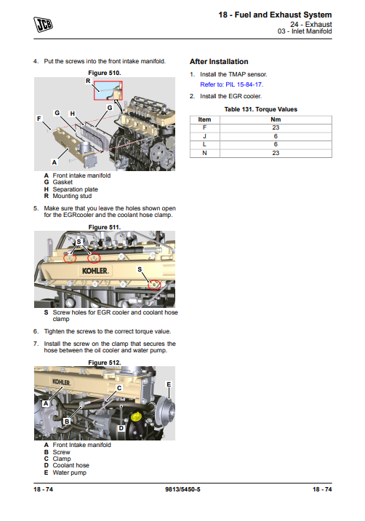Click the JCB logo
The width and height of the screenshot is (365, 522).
pyautogui.click(x=43, y=25)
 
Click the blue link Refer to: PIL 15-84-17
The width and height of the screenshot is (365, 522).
pyautogui.click(x=231, y=84)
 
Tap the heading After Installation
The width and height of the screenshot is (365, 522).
pyautogui.click(x=219, y=62)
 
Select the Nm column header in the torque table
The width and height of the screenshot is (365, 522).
pyautogui.click(x=276, y=119)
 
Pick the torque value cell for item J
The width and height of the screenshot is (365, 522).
pyautogui.click(x=276, y=136)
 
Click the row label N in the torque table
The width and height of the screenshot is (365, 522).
pyautogui.click(x=204, y=153)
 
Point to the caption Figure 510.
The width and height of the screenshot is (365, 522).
pyautogui.click(x=105, y=73)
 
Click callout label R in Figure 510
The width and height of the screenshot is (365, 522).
pyautogui.click(x=88, y=81)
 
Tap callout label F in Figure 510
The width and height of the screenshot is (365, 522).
pyautogui.click(x=39, y=119)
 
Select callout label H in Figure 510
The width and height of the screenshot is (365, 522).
pyautogui.click(x=73, y=114)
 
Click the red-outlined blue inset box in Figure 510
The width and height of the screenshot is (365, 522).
pyautogui.click(x=108, y=90)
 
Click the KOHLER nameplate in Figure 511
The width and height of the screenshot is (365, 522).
pyautogui.click(x=95, y=271)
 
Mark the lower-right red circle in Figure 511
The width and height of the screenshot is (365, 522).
pyautogui.click(x=154, y=285)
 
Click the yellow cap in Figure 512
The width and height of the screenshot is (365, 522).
pyautogui.click(x=136, y=416)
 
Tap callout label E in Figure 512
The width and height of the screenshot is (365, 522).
pyautogui.click(x=169, y=384)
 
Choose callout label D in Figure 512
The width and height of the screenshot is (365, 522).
pyautogui.click(x=121, y=428)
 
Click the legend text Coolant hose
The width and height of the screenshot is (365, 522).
pyautogui.click(x=71, y=465)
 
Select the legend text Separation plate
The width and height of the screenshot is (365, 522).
pyautogui.click(x=75, y=189)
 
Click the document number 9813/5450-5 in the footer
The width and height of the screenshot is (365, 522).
pyautogui.click(x=182, y=489)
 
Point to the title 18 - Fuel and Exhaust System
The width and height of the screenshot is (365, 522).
pyautogui.click(x=275, y=15)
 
